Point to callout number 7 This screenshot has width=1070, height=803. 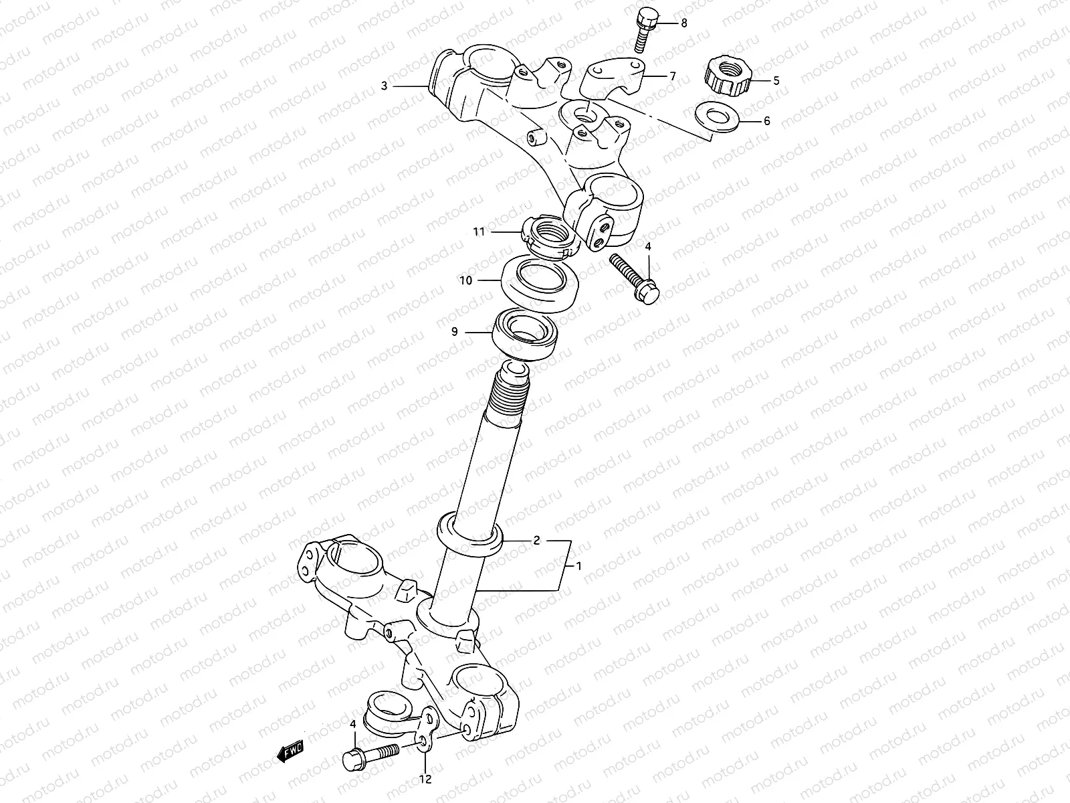point(672,76)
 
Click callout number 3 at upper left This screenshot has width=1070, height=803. point(384,86)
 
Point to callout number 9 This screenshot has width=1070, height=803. point(455,331)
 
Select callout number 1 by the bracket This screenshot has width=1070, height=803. point(579,565)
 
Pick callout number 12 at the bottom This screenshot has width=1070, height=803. point(426,779)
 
